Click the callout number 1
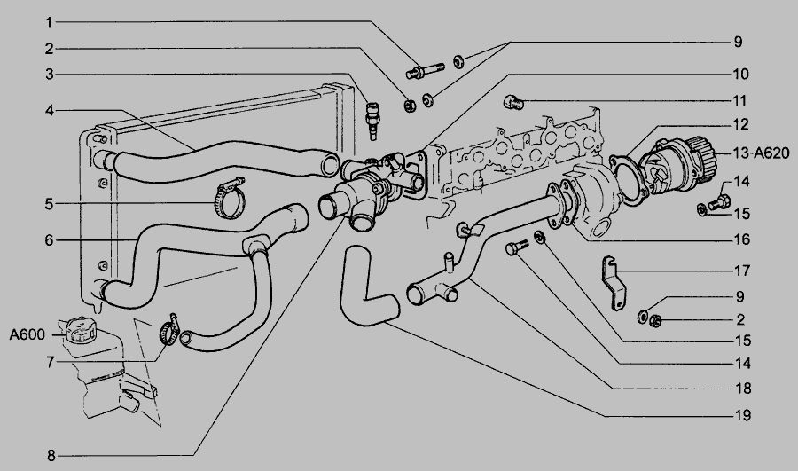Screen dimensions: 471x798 51,21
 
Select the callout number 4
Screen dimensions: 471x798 51,110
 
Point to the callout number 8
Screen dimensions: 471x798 51,455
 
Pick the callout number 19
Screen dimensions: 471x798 741,414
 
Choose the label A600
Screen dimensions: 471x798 27,335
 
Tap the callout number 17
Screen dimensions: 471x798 741,270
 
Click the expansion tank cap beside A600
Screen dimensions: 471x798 78,330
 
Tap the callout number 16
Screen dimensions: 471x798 741,239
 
